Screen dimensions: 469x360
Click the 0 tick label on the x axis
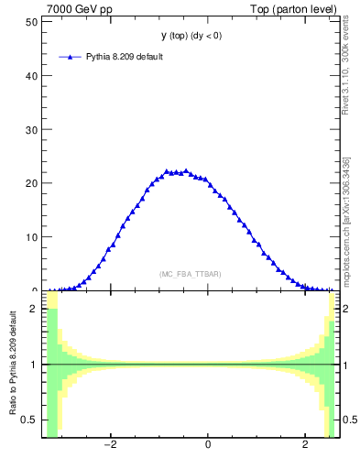pyautogui.click(x=208, y=446)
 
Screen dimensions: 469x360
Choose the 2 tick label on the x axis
pyautogui.click(x=306, y=446)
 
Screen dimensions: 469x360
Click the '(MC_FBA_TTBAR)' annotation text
pyautogui.click(x=191, y=274)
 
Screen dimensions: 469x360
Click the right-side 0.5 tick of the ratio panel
pyautogui.click(x=351, y=420)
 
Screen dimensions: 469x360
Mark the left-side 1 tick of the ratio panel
pyautogui.click(x=35, y=365)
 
